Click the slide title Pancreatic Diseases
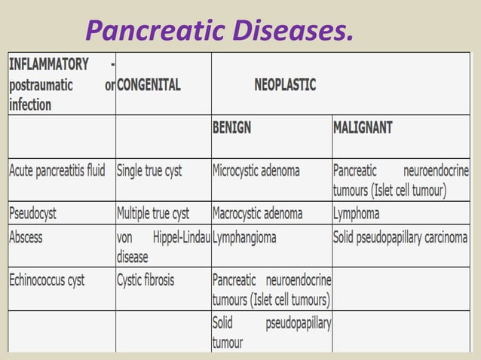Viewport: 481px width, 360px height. coord(219,29)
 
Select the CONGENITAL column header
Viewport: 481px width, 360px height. coord(149,85)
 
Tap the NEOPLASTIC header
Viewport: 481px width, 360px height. coord(285,85)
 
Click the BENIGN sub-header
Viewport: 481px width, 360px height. coord(231,128)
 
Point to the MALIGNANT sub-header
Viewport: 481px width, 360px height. coord(363,128)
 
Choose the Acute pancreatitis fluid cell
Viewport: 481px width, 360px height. coord(57,170)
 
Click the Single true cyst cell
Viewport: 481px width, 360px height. coord(149,170)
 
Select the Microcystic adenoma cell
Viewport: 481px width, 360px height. coord(256,170)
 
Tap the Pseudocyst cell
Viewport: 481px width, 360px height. coord(32,213)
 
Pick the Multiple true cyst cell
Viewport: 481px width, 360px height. coord(153,213)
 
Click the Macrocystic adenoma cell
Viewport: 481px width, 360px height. coord(257,213)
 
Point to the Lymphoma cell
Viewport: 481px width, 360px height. coord(356,213)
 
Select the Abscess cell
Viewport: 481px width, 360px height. coord(26,237)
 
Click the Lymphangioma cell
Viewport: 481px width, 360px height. coord(244,237)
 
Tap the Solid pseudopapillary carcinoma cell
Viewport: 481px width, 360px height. coord(400,237)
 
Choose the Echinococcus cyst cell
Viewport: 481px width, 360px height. coord(47,280)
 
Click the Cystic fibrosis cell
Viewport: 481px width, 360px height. coord(146,280)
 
